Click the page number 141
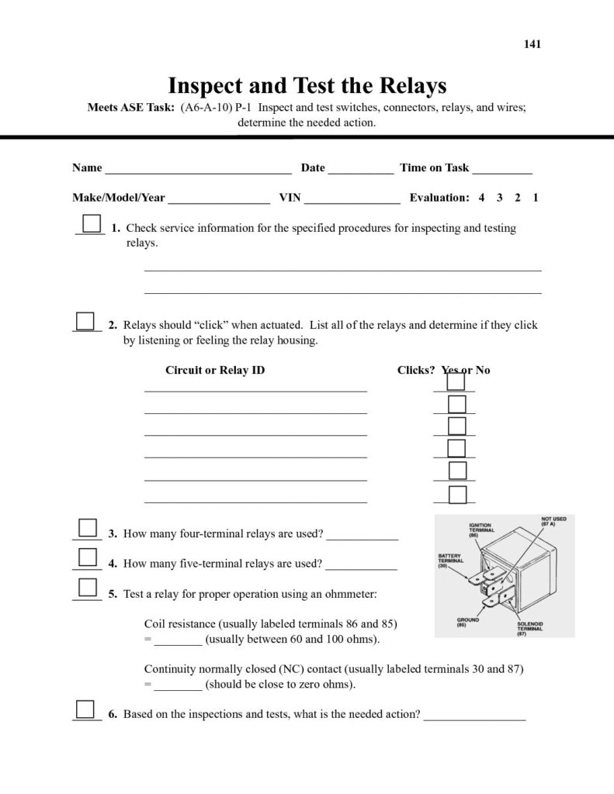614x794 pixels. pos(532,44)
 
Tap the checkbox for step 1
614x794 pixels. pos(92,223)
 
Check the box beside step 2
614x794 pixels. pos(85,320)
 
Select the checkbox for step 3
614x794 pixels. pos(88,528)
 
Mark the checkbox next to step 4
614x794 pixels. pos(88,558)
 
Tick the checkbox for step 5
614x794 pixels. pos(88,587)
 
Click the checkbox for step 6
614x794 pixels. pos(85,709)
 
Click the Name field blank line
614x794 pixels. pos(198,170)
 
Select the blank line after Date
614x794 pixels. pos(361,170)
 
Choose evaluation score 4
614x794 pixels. pos(481,198)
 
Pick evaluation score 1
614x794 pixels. pos(536,198)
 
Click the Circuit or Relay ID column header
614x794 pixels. pos(215,370)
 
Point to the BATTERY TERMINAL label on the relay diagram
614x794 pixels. pos(451,561)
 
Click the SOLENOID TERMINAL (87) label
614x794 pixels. pos(530,628)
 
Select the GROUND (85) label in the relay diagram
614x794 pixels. pos(468,622)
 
